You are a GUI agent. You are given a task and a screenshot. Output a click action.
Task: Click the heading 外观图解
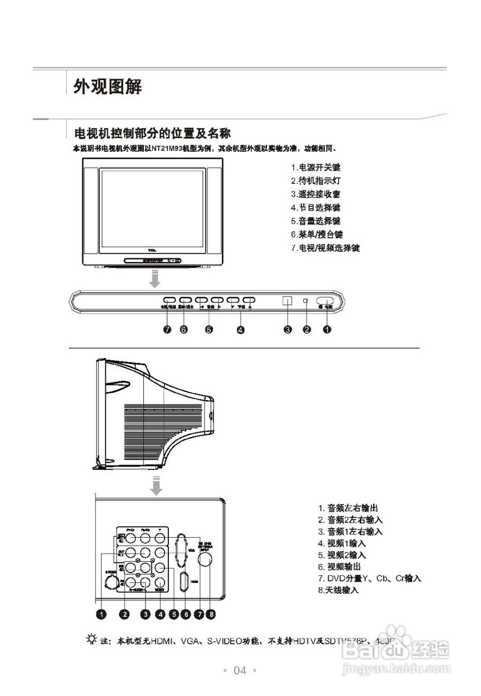pos(108,86)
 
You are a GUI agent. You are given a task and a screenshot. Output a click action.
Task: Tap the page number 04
pos(239,670)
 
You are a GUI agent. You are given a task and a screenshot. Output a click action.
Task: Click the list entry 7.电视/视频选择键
pos(325,248)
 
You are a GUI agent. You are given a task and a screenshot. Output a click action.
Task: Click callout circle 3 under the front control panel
pos(287,329)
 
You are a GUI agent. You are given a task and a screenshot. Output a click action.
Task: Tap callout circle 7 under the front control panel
pos(168,329)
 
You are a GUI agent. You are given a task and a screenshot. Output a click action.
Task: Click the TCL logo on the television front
pos(151,250)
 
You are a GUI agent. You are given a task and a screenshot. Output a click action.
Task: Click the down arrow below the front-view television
pos(155,279)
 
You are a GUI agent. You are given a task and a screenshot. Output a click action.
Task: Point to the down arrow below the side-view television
pos(156,485)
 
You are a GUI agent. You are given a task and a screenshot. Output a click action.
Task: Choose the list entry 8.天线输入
pos(338,590)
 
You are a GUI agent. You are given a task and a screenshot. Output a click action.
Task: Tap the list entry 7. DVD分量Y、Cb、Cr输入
pos(369,578)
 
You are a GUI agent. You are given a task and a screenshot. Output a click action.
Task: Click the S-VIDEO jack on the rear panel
pos(111,581)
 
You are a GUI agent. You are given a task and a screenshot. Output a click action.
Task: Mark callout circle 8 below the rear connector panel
pos(211,614)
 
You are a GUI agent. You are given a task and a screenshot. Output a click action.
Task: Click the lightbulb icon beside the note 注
pos(92,639)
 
